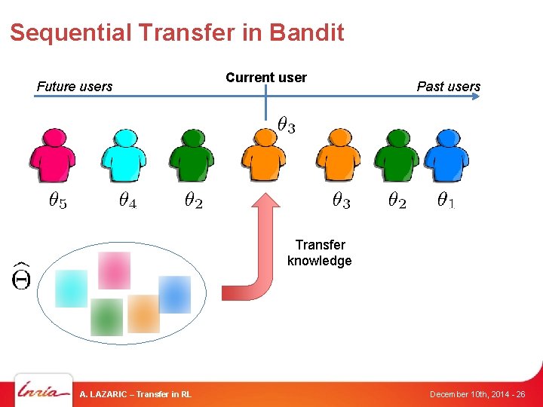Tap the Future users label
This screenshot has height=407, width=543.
(74, 87)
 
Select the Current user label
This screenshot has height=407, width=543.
(266, 78)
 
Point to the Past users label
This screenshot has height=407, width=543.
(448, 87)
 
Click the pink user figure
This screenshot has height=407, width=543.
(52, 156)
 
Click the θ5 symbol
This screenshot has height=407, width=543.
(57, 201)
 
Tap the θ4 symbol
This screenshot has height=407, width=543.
(127, 201)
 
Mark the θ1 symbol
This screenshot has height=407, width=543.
(446, 201)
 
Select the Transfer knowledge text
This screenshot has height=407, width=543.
(320, 253)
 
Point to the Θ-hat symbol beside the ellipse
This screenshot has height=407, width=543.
(21, 276)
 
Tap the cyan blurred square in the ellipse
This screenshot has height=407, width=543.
(72, 288)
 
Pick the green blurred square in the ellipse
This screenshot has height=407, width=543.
(106, 317)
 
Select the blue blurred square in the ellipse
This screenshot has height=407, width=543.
(174, 294)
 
